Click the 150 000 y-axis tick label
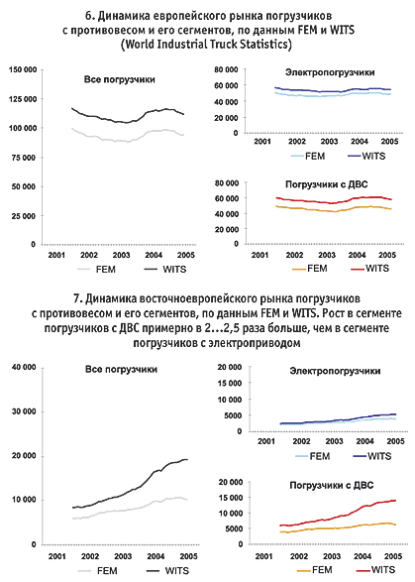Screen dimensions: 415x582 23,70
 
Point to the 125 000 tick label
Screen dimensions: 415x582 23,99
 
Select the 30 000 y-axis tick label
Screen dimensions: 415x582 24,411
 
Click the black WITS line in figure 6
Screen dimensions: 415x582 128,123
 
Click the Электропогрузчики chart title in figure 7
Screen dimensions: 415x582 335,371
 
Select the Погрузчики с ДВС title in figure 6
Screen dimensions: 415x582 327,184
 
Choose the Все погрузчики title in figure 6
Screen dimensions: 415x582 120,79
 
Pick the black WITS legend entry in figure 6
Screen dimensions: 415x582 165,269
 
